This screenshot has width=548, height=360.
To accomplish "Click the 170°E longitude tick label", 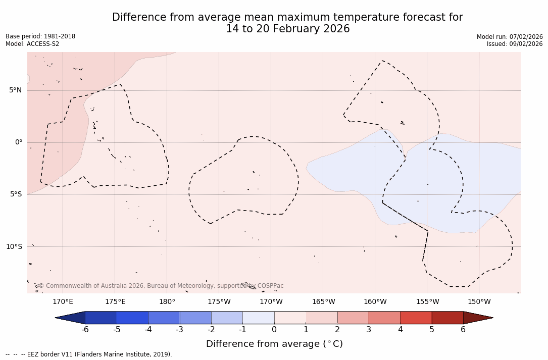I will coord(63,302).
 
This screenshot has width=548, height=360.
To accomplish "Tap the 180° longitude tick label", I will coord(167,302).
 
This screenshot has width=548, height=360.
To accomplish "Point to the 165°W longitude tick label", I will coord(323,302).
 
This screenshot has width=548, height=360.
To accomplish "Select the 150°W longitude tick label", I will coord(479,302).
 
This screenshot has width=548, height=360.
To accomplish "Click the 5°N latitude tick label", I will coord(15,90).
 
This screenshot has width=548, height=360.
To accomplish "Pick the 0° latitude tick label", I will coord(19,142).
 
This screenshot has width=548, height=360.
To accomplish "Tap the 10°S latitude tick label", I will coord(14,247).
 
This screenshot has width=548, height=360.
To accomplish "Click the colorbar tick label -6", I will coord(85,330).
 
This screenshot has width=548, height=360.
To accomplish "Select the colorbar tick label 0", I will coord(274,330).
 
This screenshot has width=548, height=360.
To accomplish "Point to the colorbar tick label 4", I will coord(400,330).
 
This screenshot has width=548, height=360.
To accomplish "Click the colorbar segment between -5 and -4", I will coord(132,318).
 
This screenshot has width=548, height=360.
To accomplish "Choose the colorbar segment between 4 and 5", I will coord(416,318).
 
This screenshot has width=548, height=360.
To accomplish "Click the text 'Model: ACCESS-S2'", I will coord(32,44).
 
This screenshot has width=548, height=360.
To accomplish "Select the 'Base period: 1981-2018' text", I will coord(40,36).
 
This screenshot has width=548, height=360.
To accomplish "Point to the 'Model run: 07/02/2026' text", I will coord(510,37).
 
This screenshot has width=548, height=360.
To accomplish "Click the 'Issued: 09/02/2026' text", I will coord(515,44).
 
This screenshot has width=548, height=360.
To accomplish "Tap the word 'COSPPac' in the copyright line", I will coord(270,286).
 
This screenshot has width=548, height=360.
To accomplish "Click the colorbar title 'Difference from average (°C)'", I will coord(274,344).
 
